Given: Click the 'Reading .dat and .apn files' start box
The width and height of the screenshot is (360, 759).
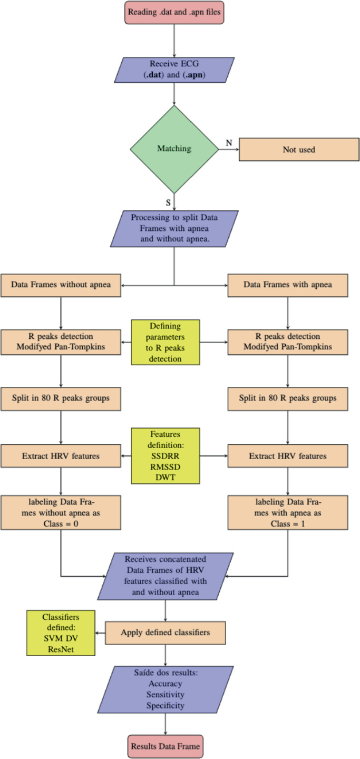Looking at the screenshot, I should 174,12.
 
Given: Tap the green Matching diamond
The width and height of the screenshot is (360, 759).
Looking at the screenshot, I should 174,149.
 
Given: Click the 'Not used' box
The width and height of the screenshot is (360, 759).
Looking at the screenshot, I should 299,150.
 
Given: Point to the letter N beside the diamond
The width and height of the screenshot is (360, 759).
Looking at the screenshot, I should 229,142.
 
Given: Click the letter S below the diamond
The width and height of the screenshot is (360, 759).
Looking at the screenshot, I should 169,201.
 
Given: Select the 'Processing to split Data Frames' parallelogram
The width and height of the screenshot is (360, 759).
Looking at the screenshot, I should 174,229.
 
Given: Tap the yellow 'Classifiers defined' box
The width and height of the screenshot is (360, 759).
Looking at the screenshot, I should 61,632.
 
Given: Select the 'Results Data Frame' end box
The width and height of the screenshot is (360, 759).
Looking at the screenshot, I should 167,746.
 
